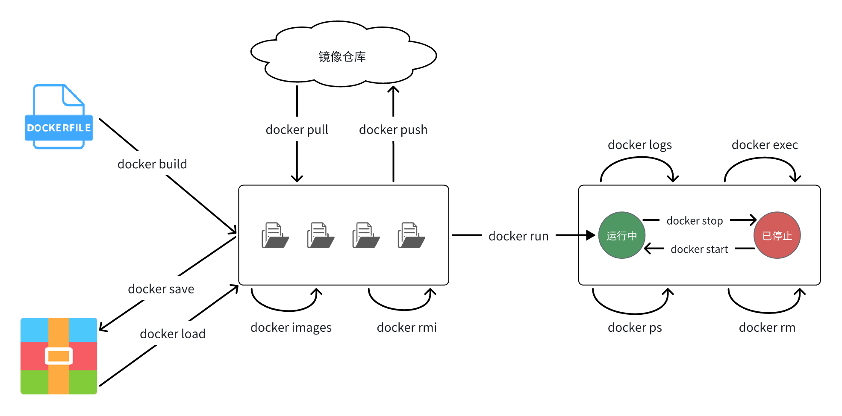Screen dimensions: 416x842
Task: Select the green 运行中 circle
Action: (x=621, y=235)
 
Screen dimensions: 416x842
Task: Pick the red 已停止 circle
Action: (x=777, y=235)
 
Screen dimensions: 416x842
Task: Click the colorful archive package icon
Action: (x=59, y=356)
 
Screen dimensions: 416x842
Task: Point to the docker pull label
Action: (x=297, y=129)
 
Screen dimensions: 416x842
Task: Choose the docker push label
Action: (x=393, y=129)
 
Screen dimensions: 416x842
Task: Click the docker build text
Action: (x=152, y=164)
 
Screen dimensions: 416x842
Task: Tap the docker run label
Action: (x=518, y=236)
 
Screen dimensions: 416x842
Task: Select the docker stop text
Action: (x=695, y=221)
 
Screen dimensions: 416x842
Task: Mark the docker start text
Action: (x=699, y=249)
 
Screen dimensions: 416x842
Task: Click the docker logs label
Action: (x=639, y=145)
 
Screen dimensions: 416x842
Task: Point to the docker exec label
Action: (x=764, y=145)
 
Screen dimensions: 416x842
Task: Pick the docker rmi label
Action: (x=406, y=328)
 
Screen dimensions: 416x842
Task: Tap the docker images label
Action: (x=291, y=328)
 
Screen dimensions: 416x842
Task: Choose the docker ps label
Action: (x=634, y=328)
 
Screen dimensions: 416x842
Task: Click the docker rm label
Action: (x=767, y=328)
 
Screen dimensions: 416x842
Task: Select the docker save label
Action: (x=161, y=289)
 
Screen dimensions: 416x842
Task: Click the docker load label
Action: (x=172, y=334)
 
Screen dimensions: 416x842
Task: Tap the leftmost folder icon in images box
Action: (x=275, y=235)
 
